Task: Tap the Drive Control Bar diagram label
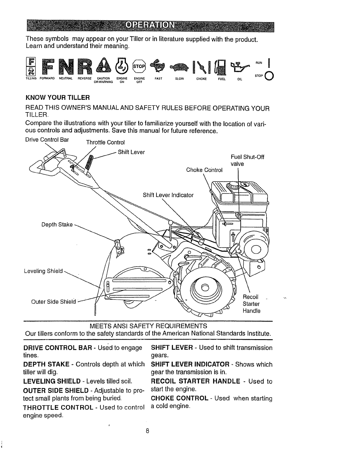coord(47,140)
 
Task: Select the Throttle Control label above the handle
coord(106,143)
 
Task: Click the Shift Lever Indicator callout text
coord(168,195)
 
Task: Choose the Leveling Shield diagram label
coord(43,271)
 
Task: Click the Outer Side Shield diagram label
coord(53,302)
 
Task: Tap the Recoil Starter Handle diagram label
coord(251,304)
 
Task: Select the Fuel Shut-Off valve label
coord(247,160)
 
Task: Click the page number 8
coord(147,431)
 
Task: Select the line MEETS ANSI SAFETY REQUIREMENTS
coord(148,326)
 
